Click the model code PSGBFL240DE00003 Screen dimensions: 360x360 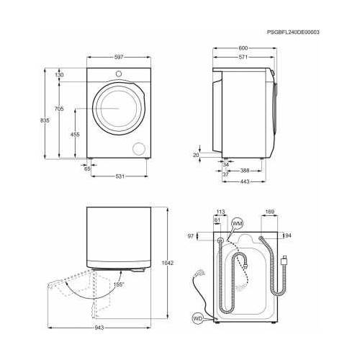coord(292,33)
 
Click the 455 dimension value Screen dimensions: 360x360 coord(74,135)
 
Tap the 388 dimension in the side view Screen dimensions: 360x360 coord(245,171)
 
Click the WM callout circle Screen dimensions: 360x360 coord(238,225)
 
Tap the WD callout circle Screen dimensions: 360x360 coord(198,318)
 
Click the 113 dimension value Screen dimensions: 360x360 coord(221,212)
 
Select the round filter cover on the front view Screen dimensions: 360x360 coord(138,148)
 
